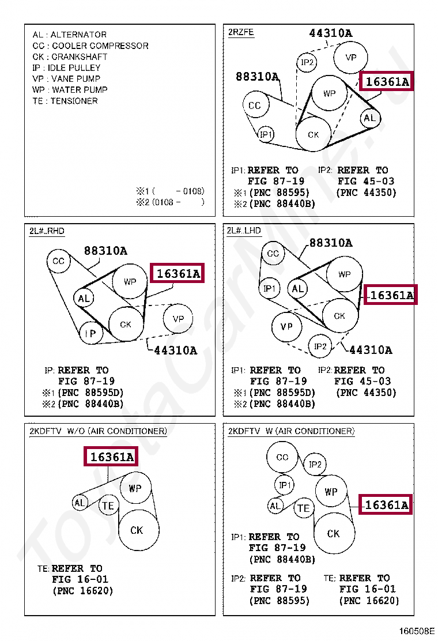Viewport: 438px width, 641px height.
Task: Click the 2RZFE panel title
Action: pos(240,32)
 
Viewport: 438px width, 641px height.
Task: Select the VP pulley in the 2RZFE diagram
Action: pos(351,58)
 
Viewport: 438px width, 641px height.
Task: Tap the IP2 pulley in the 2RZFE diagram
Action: pos(308,62)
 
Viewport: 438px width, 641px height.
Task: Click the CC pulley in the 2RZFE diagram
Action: pos(255,105)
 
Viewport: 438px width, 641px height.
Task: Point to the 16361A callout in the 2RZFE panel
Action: pos(387,82)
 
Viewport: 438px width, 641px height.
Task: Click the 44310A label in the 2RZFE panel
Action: pos(331,33)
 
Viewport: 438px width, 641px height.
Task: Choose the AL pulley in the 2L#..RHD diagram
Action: pos(84,298)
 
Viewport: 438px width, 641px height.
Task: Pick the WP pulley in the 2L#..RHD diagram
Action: pos(130,282)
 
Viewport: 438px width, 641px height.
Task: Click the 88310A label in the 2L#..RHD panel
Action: pos(105,251)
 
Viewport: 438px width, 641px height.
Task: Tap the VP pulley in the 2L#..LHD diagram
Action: pos(286,327)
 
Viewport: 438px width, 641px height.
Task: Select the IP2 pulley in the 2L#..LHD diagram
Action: pos(320,346)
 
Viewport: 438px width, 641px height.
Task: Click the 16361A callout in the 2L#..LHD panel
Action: pos(391,295)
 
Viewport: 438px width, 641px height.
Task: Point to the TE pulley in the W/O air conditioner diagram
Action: pos(108,506)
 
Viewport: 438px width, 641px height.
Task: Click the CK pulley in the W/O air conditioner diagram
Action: pos(137,530)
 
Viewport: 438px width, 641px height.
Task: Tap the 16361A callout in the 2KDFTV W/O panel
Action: pos(112,457)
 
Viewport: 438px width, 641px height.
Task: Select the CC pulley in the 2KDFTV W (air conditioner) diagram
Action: pos(282,458)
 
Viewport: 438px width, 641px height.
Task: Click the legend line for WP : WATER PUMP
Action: pos(70,89)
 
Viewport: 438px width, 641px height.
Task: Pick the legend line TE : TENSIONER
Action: pos(65,101)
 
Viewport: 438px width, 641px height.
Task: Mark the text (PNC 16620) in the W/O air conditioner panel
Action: pos(82,591)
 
